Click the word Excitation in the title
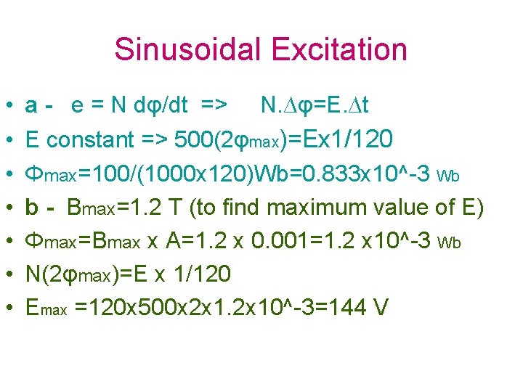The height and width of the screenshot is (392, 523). (x=338, y=50)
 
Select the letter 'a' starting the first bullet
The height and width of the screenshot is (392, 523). (x=31, y=106)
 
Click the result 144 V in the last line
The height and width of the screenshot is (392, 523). (x=360, y=308)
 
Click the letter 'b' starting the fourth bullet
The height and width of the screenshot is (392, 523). (x=32, y=207)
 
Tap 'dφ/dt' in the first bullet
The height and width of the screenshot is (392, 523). (x=161, y=106)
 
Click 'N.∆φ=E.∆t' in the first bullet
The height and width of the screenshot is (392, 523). (x=314, y=106)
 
